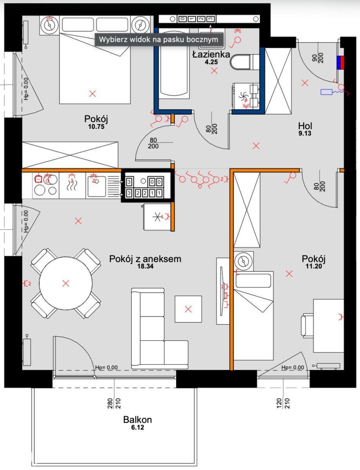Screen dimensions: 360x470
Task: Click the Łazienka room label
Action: click(x=211, y=54)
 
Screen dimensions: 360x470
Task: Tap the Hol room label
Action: click(x=305, y=126)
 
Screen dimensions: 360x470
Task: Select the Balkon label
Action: click(x=137, y=420)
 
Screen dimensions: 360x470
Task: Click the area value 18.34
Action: click(x=145, y=266)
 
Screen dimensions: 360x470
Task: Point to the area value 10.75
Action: click(x=96, y=127)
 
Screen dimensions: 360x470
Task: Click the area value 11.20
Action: click(x=314, y=266)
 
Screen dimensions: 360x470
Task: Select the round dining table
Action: click(x=66, y=283)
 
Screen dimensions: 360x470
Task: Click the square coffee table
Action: click(x=188, y=309)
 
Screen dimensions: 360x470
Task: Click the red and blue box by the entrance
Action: click(x=340, y=63)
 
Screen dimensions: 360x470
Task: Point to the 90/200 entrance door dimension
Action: click(x=318, y=58)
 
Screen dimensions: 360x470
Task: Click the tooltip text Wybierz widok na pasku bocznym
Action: click(x=159, y=40)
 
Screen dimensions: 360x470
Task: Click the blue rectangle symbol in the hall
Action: click(x=326, y=92)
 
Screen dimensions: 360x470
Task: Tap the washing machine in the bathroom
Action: click(x=246, y=96)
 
